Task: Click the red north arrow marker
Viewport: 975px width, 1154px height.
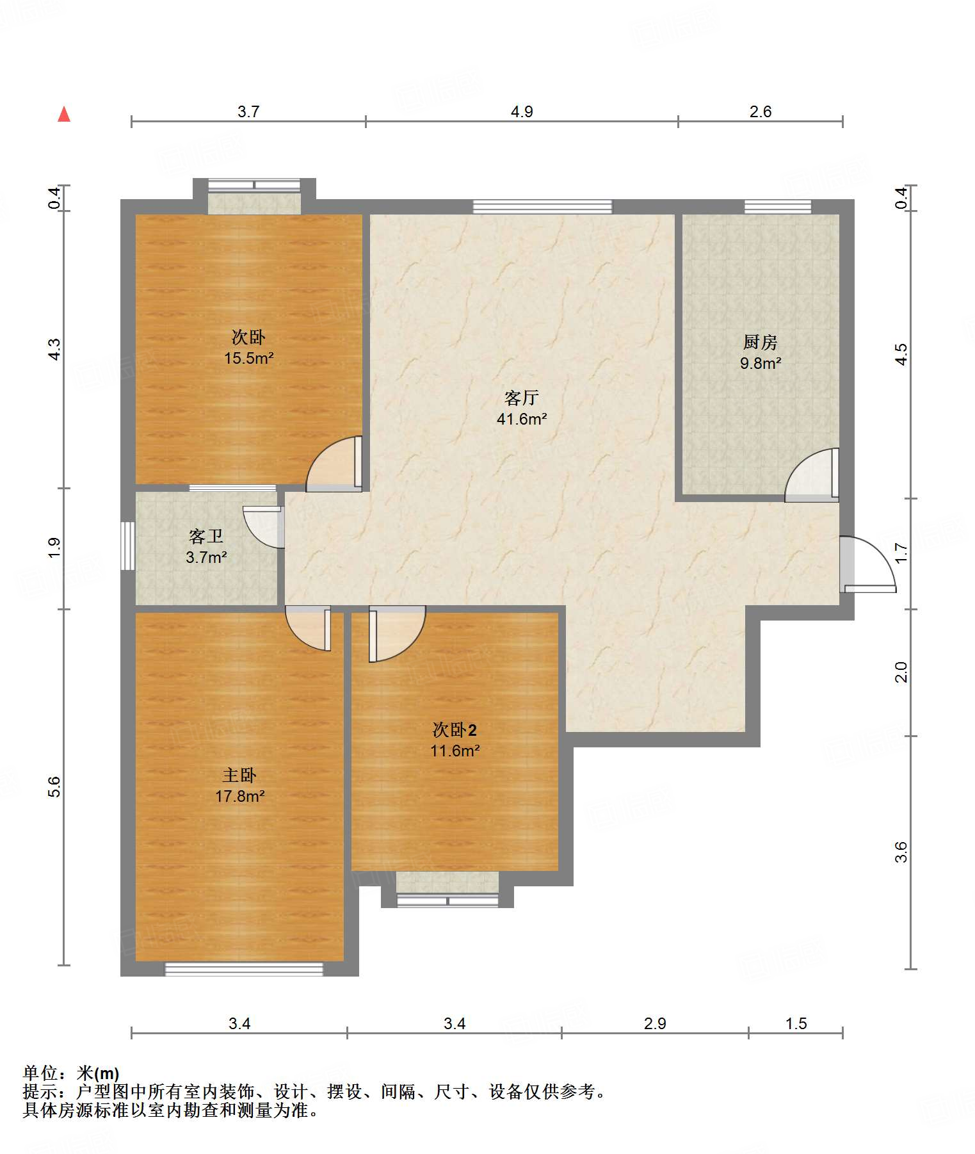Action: [64, 114]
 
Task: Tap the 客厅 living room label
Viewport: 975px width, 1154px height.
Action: [521, 398]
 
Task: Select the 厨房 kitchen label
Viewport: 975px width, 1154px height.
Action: [761, 343]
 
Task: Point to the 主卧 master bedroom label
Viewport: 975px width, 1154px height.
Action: [239, 776]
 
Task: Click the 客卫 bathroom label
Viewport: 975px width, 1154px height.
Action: [206, 536]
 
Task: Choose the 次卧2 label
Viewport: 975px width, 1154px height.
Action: [455, 730]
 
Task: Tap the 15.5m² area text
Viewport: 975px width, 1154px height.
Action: [248, 358]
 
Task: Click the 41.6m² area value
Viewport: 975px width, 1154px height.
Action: [522, 419]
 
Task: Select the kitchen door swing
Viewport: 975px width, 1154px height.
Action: [812, 474]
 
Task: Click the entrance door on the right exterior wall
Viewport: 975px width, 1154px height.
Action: [867, 564]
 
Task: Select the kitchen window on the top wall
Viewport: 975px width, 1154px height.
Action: [778, 207]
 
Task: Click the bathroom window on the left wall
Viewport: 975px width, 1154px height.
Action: [128, 546]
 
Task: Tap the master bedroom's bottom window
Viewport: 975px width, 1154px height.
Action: [244, 969]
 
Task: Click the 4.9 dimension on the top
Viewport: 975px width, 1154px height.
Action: [522, 112]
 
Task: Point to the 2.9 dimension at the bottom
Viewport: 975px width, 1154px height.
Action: [655, 1024]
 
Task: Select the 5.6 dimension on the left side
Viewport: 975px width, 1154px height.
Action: [55, 786]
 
